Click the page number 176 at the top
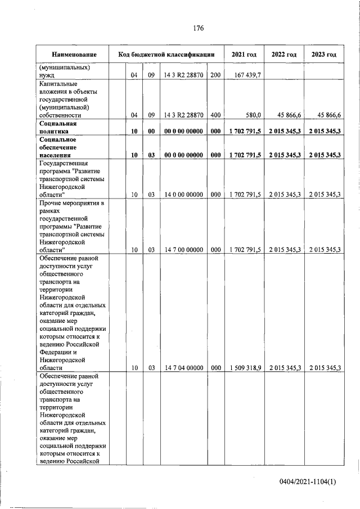(197, 28)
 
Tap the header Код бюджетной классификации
(166, 55)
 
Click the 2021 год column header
(244, 55)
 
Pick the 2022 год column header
(284, 55)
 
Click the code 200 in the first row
(215, 75)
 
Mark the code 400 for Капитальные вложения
(215, 115)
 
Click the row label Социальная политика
(58, 127)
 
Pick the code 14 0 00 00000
(183, 195)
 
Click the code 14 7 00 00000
(183, 249)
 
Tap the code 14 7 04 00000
(183, 368)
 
